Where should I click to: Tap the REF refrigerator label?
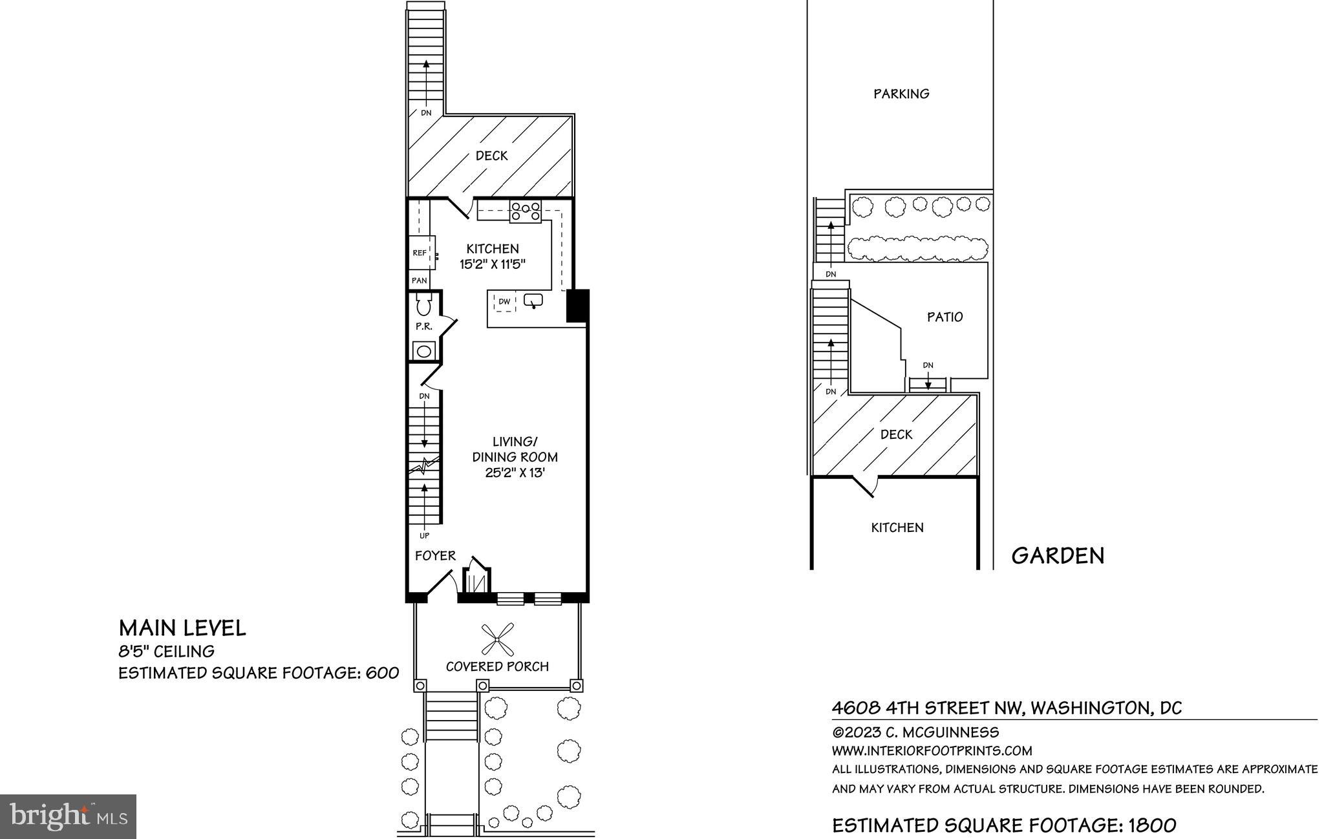tap(420, 253)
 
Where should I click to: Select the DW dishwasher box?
tap(504, 301)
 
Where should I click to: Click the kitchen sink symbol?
tap(533, 301)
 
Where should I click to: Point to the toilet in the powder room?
tap(424, 304)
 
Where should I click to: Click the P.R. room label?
tap(424, 326)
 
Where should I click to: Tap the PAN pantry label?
tap(420, 281)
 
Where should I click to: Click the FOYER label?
tap(435, 555)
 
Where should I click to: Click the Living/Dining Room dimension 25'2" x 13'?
tap(515, 473)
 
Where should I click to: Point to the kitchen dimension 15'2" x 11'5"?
tap(493, 264)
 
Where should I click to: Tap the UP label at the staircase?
tap(424, 535)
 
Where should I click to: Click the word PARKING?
tap(901, 94)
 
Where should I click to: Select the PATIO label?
tap(945, 317)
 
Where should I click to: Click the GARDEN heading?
tap(1058, 556)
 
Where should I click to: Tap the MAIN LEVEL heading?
tap(182, 628)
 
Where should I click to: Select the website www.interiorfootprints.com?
tap(932, 751)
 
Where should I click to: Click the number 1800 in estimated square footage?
tap(1152, 825)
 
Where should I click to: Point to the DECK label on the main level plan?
tap(491, 156)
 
